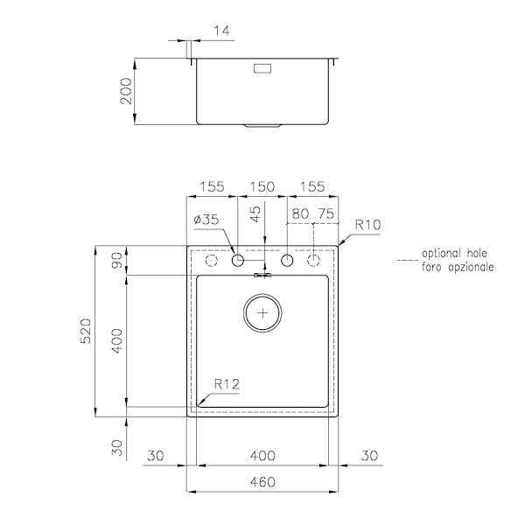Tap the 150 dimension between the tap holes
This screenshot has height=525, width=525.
[x=262, y=186]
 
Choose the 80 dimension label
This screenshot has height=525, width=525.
[x=301, y=212]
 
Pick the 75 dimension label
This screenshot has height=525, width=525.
[x=325, y=212]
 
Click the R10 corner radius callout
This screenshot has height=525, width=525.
[x=367, y=225]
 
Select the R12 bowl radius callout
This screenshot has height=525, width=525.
[x=227, y=382]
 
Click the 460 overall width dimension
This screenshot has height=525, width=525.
[x=262, y=481]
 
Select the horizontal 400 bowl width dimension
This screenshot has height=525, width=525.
[x=262, y=455]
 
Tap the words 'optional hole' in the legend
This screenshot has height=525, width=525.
[x=454, y=251]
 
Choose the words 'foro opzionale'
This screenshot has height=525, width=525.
[x=457, y=265]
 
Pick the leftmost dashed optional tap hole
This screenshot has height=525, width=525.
[x=210, y=262]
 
